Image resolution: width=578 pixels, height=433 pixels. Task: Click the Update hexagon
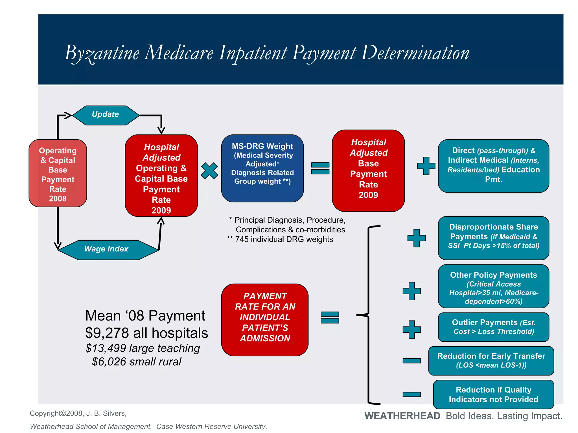[106, 115]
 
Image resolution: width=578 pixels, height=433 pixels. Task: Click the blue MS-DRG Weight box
[262, 168]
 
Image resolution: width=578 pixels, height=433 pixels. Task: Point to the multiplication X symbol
[209, 171]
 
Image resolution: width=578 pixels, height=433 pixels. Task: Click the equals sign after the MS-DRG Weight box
[320, 168]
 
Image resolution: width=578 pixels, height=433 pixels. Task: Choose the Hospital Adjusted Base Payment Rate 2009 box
[368, 171]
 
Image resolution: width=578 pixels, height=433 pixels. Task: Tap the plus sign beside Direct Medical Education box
[426, 166]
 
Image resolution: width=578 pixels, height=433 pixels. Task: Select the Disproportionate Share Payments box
[493, 238]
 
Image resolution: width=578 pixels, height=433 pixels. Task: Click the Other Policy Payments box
[493, 286]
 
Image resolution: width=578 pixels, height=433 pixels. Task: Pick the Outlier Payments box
[493, 327]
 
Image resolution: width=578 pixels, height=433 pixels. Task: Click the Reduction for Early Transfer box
[491, 361]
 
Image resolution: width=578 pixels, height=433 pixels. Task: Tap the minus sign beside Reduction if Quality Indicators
[411, 394]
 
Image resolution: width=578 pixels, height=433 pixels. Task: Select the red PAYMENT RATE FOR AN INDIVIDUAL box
[265, 320]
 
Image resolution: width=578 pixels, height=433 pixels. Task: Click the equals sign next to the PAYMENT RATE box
[330, 317]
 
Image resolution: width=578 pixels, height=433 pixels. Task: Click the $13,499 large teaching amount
[106, 348]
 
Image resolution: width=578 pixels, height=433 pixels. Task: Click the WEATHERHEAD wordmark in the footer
[402, 416]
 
